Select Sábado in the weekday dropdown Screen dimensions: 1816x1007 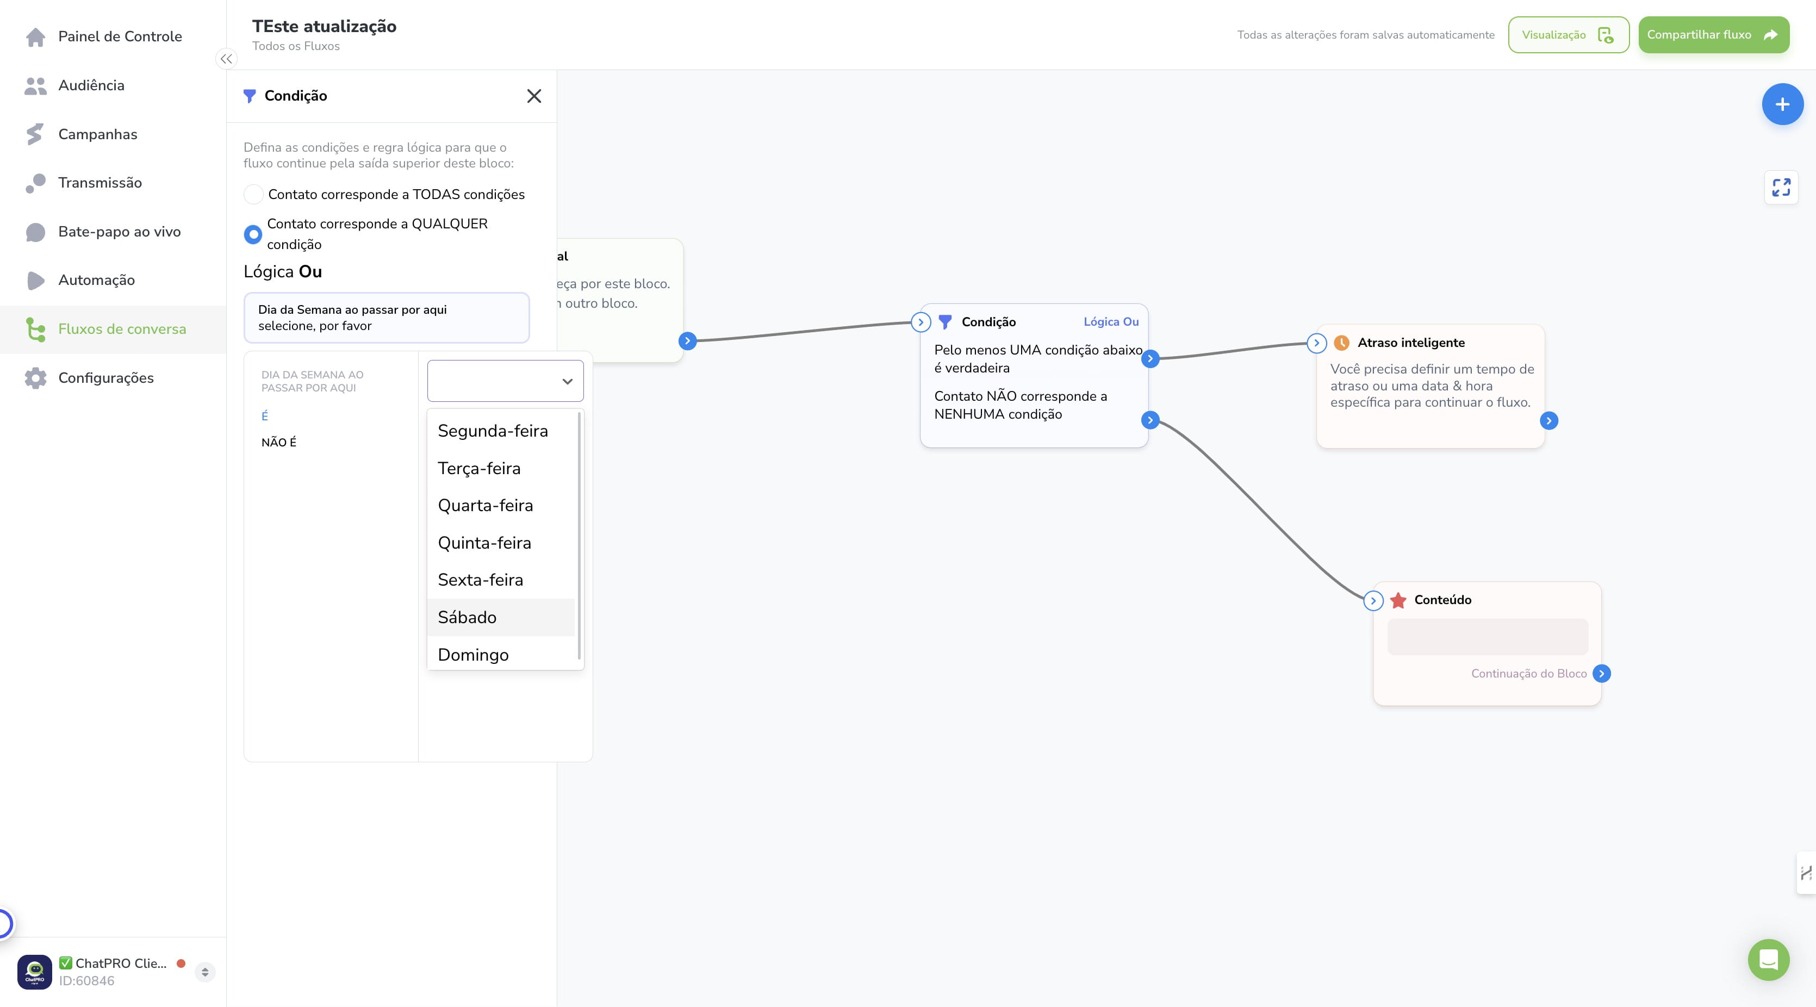[x=467, y=617]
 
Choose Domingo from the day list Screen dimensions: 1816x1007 [x=473, y=655]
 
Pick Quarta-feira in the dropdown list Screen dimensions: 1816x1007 [x=485, y=506]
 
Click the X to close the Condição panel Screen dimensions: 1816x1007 [x=534, y=96]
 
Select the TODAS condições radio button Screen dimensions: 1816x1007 [x=253, y=194]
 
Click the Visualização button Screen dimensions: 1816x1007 [x=1569, y=35]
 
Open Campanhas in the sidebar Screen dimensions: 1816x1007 [x=97, y=134]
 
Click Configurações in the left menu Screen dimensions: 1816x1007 [x=105, y=378]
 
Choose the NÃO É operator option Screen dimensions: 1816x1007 [x=279, y=442]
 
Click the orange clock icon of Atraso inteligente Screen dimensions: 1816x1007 [x=1341, y=343]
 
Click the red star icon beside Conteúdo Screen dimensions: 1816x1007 [x=1398, y=600]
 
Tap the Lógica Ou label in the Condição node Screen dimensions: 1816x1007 [x=1111, y=321]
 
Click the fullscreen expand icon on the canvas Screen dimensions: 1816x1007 [x=1781, y=187]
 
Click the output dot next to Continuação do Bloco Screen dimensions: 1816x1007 [x=1602, y=674]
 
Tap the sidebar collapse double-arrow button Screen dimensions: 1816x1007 [x=226, y=59]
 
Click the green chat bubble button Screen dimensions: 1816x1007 [x=1768, y=959]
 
